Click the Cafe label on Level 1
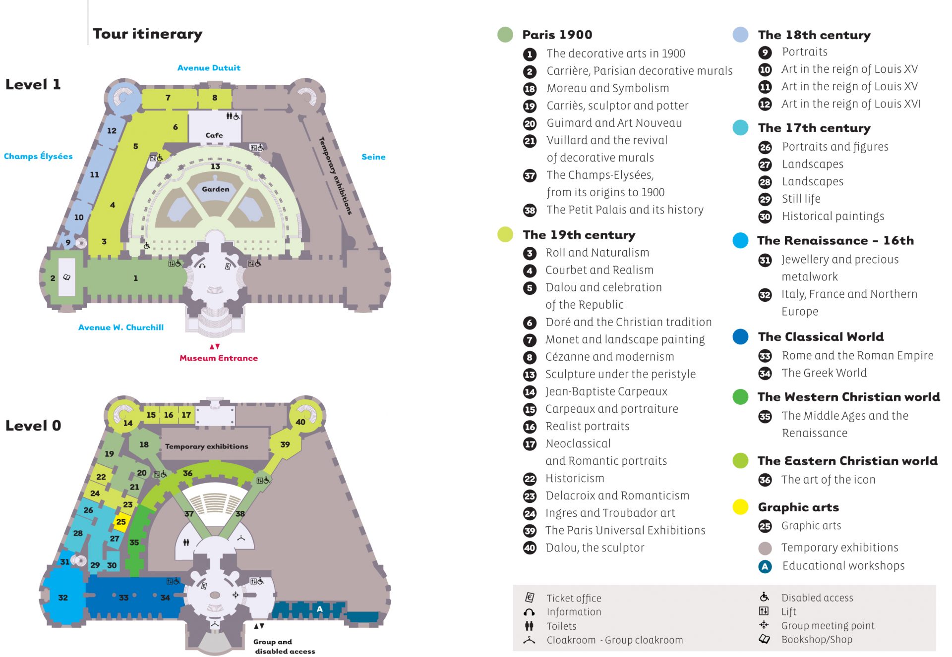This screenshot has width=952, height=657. click(214, 135)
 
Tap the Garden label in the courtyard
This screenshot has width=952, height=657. click(216, 189)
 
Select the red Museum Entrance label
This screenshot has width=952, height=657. click(219, 358)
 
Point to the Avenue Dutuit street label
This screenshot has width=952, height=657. click(209, 68)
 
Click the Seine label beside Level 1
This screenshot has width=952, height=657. click(373, 157)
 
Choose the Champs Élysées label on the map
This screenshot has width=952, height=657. click(38, 156)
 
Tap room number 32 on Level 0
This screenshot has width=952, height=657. click(63, 598)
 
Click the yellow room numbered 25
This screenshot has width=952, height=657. click(121, 522)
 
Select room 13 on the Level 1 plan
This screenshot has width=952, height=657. click(215, 166)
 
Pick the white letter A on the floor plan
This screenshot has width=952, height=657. click(320, 609)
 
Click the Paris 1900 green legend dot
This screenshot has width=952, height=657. click(505, 35)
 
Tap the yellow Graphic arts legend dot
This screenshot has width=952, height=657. click(740, 507)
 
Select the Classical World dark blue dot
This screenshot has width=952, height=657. click(740, 336)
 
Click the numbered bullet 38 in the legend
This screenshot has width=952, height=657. click(530, 210)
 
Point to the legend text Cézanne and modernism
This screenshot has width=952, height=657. click(609, 357)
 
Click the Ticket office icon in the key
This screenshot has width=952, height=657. click(530, 598)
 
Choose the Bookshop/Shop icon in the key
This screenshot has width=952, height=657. click(764, 639)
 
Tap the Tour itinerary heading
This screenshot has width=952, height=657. click(148, 34)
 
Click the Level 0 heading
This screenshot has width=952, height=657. click(33, 426)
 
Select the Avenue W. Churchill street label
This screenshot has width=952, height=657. click(121, 327)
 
